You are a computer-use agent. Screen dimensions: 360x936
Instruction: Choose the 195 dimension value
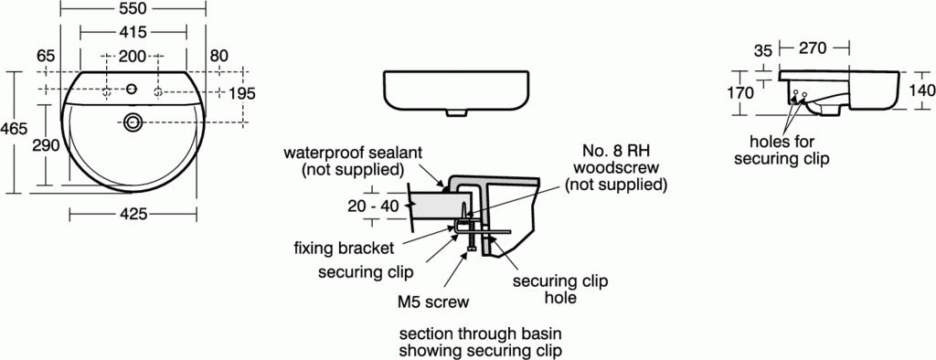[241, 93]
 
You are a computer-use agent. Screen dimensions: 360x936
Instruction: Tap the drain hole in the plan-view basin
[133, 121]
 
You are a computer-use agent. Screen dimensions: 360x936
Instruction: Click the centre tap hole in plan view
[133, 90]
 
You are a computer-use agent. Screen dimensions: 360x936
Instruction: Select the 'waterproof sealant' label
[352, 162]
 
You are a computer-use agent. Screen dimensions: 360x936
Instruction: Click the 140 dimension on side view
[922, 91]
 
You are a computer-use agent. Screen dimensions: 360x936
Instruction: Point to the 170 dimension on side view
[740, 92]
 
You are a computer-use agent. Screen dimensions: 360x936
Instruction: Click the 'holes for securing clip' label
[789, 150]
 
